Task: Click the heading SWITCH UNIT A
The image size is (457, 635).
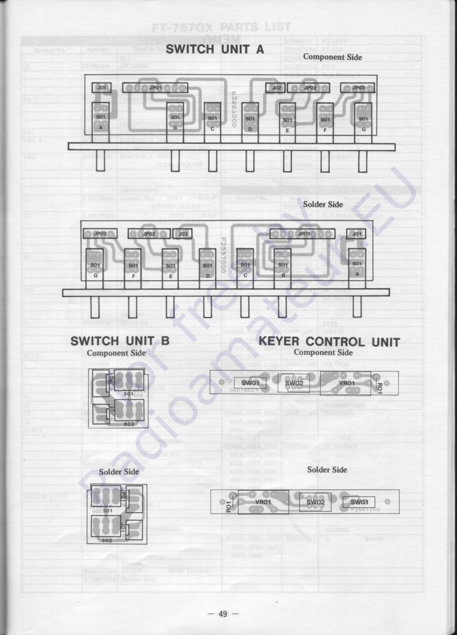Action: (215, 49)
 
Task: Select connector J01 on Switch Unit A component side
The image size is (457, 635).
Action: (102, 88)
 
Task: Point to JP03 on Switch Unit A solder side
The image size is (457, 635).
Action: (95, 233)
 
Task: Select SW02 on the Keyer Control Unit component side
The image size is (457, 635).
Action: (294, 383)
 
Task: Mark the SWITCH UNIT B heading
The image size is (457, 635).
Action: (119, 342)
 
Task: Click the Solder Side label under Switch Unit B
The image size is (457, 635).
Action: (119, 471)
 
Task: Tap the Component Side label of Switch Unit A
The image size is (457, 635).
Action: (333, 57)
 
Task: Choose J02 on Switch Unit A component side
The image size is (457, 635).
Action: (276, 88)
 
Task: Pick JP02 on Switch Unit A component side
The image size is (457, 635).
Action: (309, 88)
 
